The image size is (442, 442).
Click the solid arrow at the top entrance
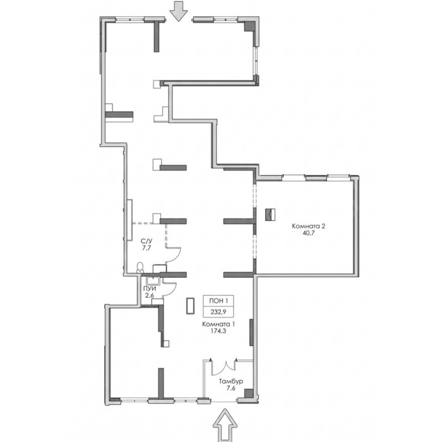pyautogui.click(x=179, y=11)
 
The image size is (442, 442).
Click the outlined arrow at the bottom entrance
pyautogui.click(x=225, y=425)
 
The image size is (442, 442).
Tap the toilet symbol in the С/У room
pyautogui.click(x=140, y=267)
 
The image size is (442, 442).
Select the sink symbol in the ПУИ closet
pyautogui.click(x=153, y=280)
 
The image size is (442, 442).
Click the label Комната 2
pyautogui.click(x=308, y=226)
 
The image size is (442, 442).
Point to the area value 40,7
pyautogui.click(x=308, y=233)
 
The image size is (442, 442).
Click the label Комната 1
pyautogui.click(x=218, y=324)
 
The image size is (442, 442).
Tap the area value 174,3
pyautogui.click(x=218, y=331)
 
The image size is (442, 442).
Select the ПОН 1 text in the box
pyautogui.click(x=218, y=301)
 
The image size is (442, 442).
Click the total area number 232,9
pyautogui.click(x=218, y=312)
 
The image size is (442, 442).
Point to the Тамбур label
pyautogui.click(x=231, y=381)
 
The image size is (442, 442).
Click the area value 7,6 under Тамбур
pyautogui.click(x=231, y=388)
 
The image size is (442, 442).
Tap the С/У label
pyautogui.click(x=146, y=241)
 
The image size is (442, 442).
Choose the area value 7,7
pyautogui.click(x=147, y=248)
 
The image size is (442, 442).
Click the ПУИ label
pyautogui.click(x=150, y=289)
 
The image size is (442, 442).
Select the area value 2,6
pyautogui.click(x=150, y=296)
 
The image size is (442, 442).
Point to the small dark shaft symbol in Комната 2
pyautogui.click(x=270, y=215)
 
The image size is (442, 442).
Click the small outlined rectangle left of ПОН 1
pyautogui.click(x=190, y=305)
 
